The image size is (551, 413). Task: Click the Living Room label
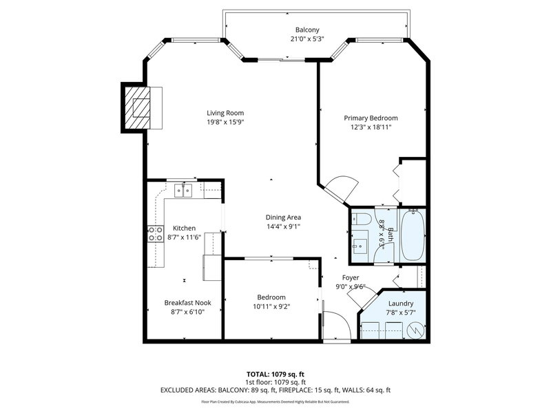(x=225, y=113)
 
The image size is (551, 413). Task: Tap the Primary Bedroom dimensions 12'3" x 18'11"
(x=371, y=127)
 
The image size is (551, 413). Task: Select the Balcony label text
(x=306, y=30)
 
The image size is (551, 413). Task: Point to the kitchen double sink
(x=183, y=191)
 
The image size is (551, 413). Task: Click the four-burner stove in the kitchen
(x=155, y=233)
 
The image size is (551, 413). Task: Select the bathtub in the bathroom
(x=413, y=235)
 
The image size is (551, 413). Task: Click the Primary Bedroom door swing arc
(x=342, y=187)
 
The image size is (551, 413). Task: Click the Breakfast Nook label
(x=187, y=302)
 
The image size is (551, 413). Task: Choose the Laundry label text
(x=401, y=303)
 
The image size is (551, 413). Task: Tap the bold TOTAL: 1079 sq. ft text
(x=275, y=374)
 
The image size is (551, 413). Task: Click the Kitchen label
(x=184, y=228)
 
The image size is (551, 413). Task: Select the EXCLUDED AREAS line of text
(x=275, y=390)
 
